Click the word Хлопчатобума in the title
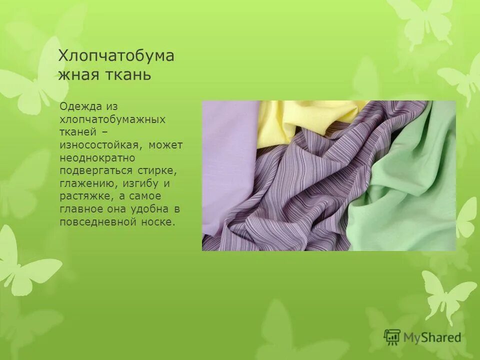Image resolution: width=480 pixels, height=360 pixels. tap(116, 55)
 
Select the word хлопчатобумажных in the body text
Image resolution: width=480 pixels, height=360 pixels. tap(112, 119)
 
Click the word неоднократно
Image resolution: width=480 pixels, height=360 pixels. tap(97, 158)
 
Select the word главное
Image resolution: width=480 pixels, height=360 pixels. tap(79, 209)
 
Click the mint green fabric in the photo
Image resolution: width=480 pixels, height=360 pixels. tap(410, 200)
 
